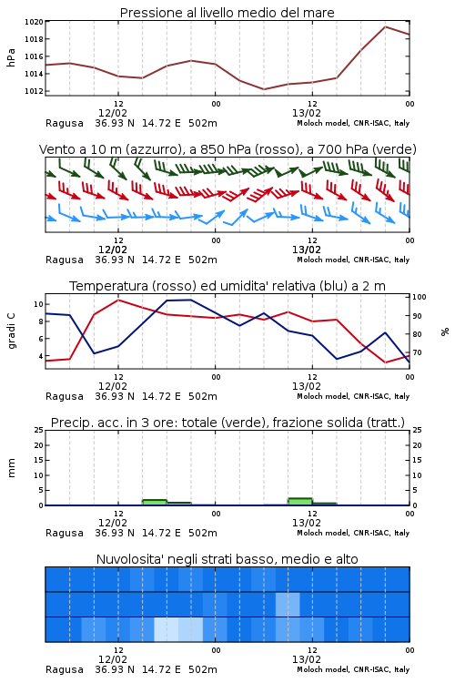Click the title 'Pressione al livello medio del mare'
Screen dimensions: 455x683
[x=227, y=13]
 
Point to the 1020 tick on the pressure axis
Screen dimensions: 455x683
[x=34, y=22]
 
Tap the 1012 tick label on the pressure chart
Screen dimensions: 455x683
[x=34, y=91]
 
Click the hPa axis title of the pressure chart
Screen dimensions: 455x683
[x=11, y=57]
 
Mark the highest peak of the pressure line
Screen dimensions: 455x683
[x=385, y=26]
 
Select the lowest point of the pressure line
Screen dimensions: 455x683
[x=264, y=89]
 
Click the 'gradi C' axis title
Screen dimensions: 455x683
[x=11, y=331]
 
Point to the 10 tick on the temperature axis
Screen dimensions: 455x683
[x=38, y=304]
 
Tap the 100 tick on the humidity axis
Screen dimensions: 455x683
[x=420, y=297]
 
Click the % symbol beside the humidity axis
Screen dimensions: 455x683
[x=445, y=331]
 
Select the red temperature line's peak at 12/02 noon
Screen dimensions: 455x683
[x=118, y=301]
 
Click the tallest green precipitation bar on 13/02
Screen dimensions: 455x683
[x=300, y=502]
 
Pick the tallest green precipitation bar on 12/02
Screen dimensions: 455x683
[x=155, y=502]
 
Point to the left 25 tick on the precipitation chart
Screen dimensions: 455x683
[x=38, y=430]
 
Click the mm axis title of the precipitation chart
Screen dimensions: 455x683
[x=11, y=468]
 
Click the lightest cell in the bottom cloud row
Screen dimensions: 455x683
[x=167, y=629]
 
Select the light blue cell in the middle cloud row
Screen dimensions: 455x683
[x=288, y=604]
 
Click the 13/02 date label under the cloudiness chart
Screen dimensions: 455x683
[x=307, y=659]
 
